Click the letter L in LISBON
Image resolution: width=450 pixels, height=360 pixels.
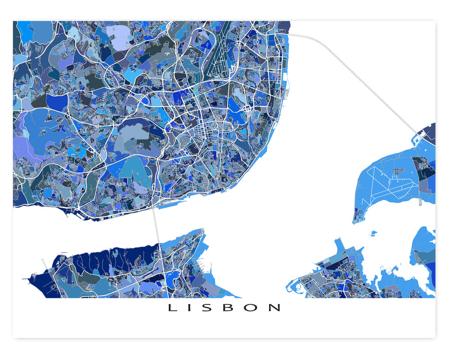(172, 308)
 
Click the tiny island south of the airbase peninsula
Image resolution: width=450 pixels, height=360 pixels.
(373, 233)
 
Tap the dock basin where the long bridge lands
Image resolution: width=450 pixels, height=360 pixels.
(419, 137)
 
